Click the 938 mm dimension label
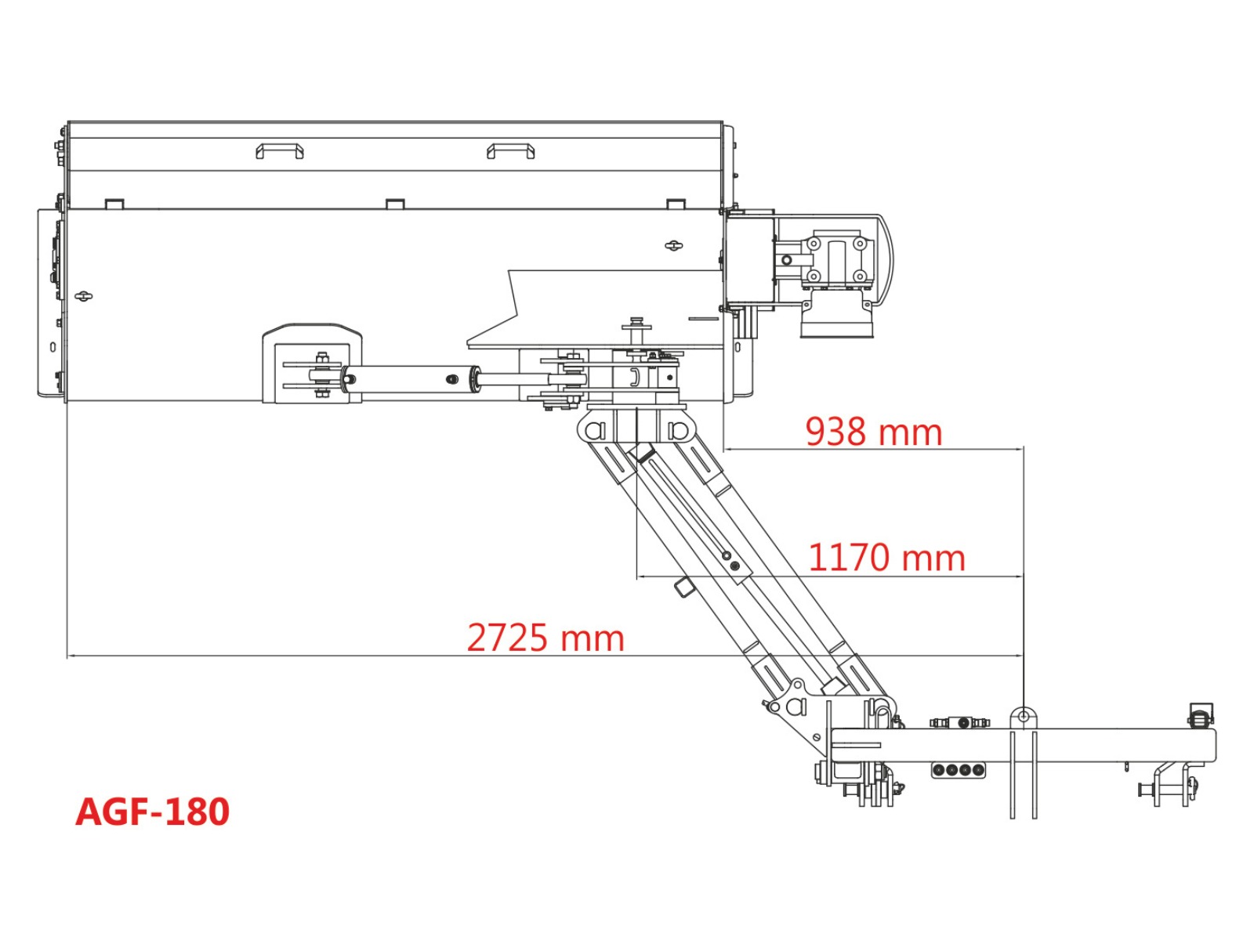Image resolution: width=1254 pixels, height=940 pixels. (873, 432)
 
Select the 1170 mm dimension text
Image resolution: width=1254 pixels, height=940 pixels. (886, 558)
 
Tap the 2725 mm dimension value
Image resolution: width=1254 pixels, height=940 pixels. (545, 638)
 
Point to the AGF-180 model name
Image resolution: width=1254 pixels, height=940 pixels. (153, 812)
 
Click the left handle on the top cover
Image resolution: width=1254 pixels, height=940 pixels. (279, 151)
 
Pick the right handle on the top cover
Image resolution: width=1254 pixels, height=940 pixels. (510, 151)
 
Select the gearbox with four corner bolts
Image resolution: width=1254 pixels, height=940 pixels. (836, 260)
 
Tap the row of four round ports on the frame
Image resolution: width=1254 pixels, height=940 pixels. (958, 770)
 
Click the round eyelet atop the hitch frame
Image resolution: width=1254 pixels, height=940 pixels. (1024, 716)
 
